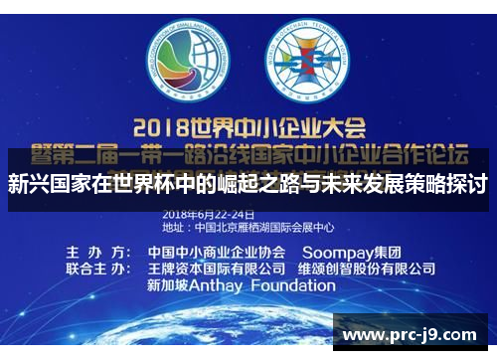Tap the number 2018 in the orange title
pos(164,127)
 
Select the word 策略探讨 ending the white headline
pos(453,185)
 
